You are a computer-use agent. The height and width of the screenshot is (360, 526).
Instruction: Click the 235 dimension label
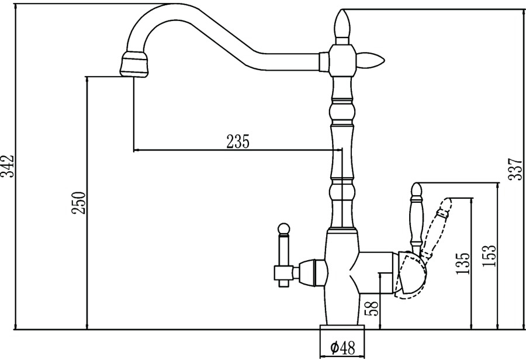[x=238, y=141]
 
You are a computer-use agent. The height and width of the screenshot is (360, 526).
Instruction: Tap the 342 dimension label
[x=7, y=166]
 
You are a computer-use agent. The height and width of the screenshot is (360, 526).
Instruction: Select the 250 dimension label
[x=78, y=203]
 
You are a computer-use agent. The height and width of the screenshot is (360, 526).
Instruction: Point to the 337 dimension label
[x=515, y=169]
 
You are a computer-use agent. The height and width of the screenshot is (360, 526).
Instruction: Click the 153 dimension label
[x=489, y=256]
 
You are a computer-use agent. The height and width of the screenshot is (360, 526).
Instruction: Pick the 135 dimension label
[x=463, y=264]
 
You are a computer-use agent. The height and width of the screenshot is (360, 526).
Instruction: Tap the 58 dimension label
[x=372, y=307]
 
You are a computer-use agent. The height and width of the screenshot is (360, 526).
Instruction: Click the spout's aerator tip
[x=134, y=64]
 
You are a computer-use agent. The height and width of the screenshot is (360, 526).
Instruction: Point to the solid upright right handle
[x=416, y=219]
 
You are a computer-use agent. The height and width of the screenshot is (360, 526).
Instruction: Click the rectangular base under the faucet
[x=342, y=327]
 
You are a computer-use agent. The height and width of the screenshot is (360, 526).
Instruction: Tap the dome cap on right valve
[x=411, y=273]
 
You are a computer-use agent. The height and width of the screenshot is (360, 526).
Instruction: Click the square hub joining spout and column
[x=342, y=61]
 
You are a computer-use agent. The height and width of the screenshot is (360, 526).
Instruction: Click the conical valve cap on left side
[x=312, y=272]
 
